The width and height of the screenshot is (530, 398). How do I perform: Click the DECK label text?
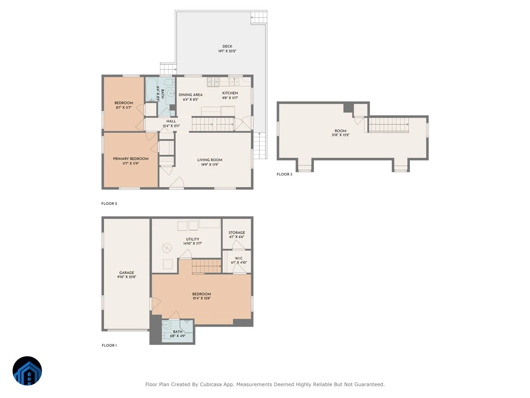(227, 46)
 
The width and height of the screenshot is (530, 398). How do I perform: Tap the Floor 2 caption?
(109, 203)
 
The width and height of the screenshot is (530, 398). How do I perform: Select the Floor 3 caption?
(284, 174)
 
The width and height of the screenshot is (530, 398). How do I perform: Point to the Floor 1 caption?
(109, 345)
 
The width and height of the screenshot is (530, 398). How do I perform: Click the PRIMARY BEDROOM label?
(131, 159)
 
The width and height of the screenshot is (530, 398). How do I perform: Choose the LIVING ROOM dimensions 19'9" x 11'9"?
(210, 165)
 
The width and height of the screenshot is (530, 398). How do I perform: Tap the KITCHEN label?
(230, 93)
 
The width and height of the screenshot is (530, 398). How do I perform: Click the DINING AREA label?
(190, 95)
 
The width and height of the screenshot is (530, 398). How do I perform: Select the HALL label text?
(171, 121)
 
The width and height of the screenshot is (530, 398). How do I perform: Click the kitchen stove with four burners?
(213, 82)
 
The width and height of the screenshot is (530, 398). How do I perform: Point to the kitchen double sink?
(234, 82)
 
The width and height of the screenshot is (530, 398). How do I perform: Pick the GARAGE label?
(126, 272)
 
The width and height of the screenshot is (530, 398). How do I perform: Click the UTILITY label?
(193, 239)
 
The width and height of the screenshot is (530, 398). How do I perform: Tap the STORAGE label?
(237, 233)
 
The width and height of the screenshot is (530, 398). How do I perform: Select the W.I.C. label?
(239, 258)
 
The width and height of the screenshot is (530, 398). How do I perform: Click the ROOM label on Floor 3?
(341, 131)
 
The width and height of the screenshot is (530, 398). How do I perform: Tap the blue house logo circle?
(27, 371)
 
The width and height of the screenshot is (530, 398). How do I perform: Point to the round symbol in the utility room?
(167, 248)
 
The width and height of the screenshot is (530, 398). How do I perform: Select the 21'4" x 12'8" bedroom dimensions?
(201, 298)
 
